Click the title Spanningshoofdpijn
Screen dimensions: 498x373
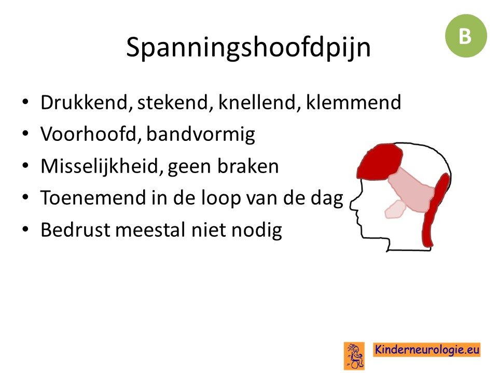[x=248, y=48]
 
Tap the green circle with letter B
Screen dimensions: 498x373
[x=466, y=36]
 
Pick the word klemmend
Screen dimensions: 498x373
[x=353, y=103]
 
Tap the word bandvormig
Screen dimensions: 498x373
[x=201, y=135]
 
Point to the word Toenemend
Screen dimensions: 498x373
[x=93, y=198]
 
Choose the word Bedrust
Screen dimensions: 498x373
[x=75, y=229]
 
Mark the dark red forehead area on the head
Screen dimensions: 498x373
[x=380, y=161]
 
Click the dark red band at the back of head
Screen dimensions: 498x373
[x=436, y=210]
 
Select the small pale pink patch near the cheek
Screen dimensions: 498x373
[x=395, y=209]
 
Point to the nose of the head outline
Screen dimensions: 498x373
[x=352, y=205]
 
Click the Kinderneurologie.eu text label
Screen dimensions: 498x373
[x=426, y=350]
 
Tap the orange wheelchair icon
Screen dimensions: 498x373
[x=354, y=356]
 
